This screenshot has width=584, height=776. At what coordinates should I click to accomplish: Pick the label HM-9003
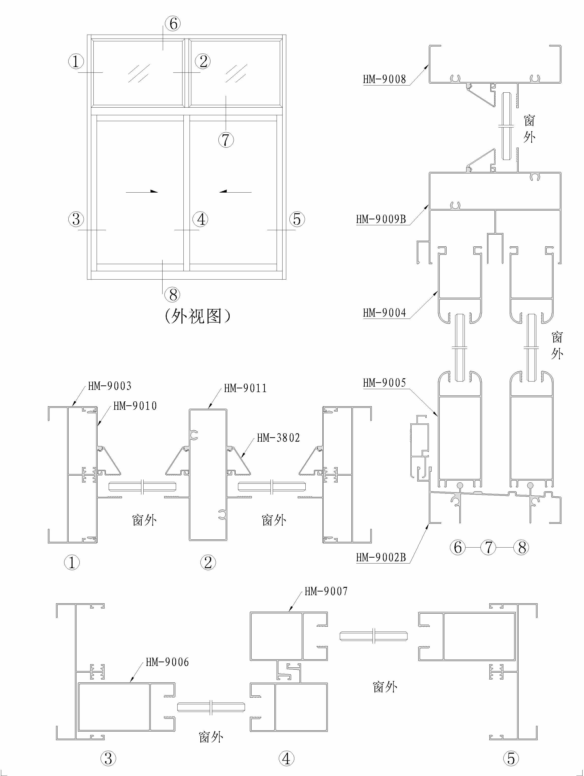click(x=110, y=386)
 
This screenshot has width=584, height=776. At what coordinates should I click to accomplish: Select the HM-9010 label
click(x=135, y=406)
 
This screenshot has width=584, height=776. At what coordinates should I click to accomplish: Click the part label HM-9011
click(x=245, y=388)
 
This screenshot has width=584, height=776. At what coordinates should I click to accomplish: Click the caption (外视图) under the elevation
click(x=197, y=316)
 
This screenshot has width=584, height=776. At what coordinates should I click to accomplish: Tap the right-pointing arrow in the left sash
click(x=142, y=192)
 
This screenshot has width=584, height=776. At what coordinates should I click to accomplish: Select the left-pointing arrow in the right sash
click(x=235, y=192)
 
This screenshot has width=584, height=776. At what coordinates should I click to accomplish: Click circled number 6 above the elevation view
click(x=173, y=24)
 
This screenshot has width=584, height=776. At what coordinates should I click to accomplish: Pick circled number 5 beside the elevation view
click(x=297, y=219)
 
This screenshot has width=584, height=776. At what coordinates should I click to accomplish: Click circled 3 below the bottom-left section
click(x=108, y=759)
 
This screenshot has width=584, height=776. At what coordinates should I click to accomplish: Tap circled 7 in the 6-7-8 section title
click(x=489, y=547)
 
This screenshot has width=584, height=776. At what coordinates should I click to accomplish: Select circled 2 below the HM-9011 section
click(x=208, y=563)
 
